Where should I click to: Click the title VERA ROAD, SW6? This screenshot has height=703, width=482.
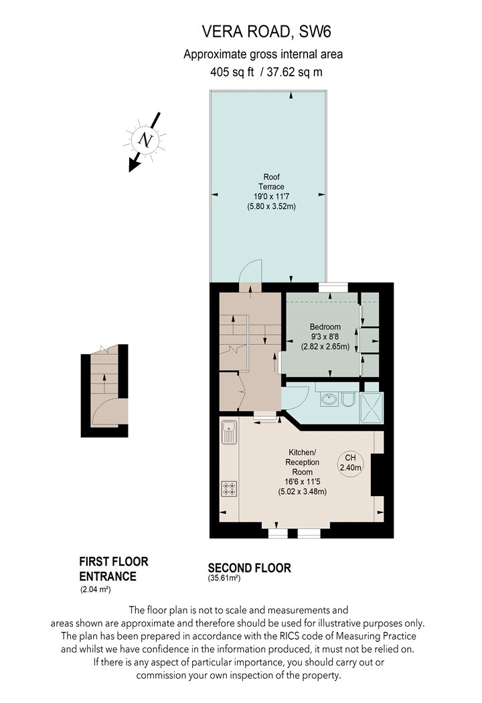(x=266, y=32)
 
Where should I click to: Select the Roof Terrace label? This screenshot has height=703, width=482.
(x=271, y=181)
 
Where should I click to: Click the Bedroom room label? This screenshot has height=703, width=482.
(x=325, y=327)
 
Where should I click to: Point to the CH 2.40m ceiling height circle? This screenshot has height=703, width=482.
(x=350, y=463)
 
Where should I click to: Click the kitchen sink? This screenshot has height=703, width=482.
(x=229, y=433)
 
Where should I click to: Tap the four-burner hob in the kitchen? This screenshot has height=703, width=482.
(x=229, y=489)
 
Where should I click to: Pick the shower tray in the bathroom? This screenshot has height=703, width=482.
(x=372, y=408)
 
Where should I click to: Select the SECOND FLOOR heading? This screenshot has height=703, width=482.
(x=249, y=568)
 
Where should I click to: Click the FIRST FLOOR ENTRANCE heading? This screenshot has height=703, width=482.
(x=113, y=569)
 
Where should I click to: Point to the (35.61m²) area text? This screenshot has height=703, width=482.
(x=224, y=578)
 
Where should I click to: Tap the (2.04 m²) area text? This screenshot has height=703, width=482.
(x=96, y=590)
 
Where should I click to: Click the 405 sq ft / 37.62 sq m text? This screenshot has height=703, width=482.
(x=266, y=72)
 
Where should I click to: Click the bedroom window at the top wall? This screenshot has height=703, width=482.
(x=333, y=287)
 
